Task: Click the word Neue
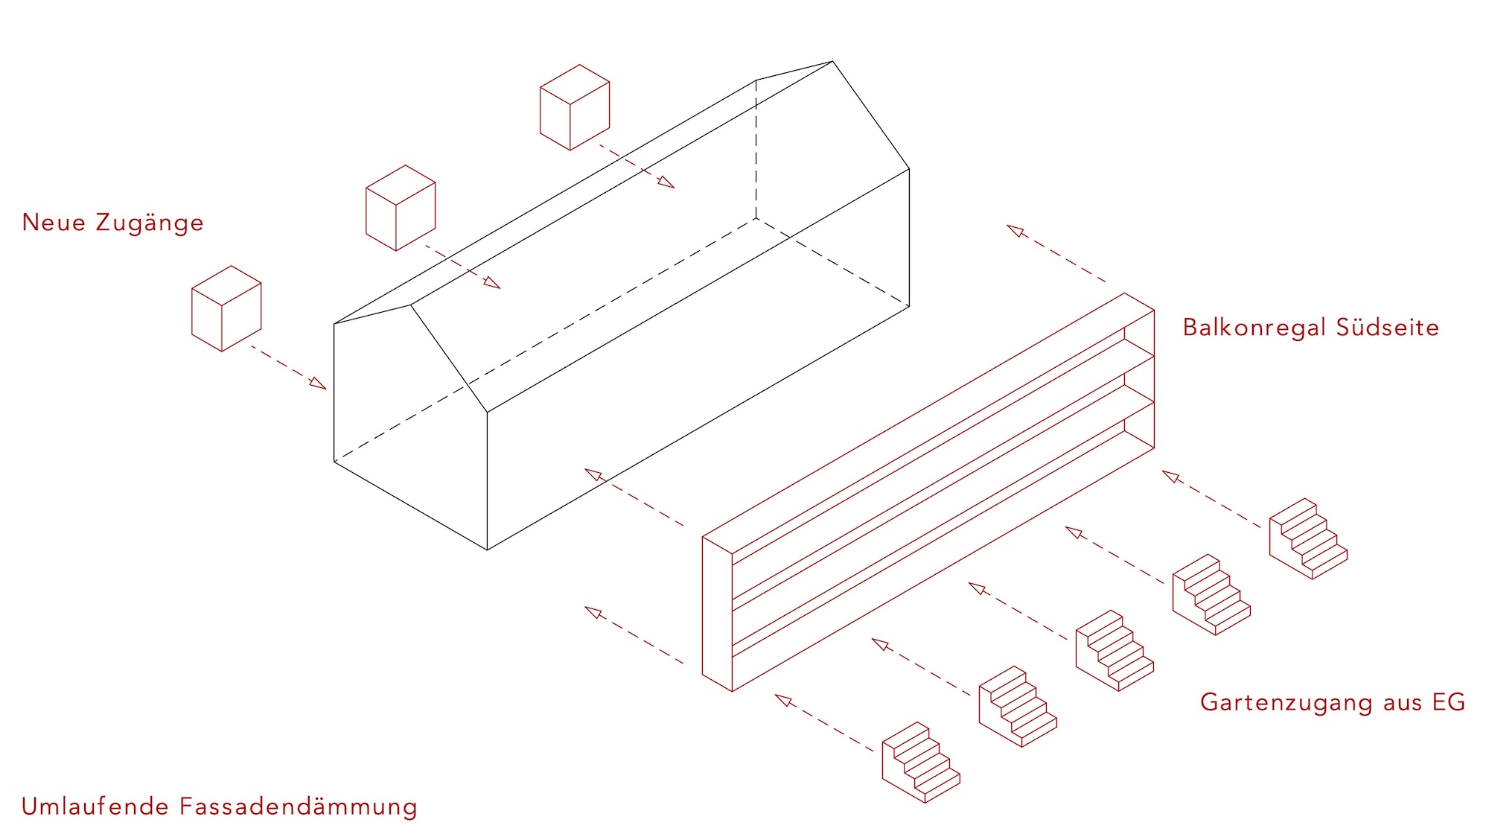point(54,223)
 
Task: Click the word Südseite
point(1388,328)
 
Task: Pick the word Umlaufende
point(95,806)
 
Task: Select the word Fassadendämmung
point(299,807)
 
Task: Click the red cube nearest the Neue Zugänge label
point(226,308)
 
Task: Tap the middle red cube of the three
point(401,208)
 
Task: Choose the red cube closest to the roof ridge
point(575,107)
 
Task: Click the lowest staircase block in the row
point(921,762)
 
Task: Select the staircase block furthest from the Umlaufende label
point(1308,538)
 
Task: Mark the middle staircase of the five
point(1115,650)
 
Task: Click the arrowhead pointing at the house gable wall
point(318,383)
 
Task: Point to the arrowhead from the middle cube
point(492,282)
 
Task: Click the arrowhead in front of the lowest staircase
point(783,699)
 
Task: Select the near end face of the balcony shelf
point(718,614)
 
